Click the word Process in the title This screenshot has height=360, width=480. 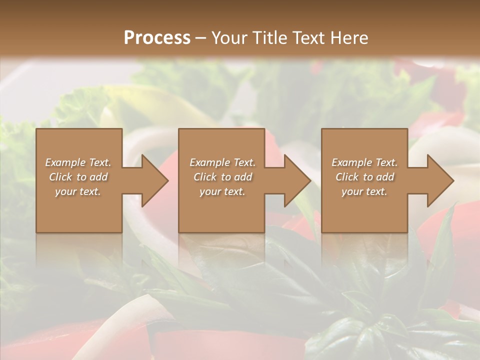157,38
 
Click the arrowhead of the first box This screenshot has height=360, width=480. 154,180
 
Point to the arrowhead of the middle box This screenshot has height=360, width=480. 296,180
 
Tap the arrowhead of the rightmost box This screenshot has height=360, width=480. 439,180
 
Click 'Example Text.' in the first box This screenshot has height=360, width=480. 78,162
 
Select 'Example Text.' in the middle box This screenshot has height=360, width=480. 222,162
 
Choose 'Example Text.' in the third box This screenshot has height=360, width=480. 364,162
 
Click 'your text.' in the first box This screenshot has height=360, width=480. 78,191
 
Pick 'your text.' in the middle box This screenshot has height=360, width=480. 222,191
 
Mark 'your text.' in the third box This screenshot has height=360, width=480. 364,191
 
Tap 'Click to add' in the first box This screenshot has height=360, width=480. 78,177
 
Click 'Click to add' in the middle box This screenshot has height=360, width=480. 222,177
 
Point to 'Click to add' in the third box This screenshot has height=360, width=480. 364,177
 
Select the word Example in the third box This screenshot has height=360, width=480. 352,162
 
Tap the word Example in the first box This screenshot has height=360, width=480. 65,162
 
